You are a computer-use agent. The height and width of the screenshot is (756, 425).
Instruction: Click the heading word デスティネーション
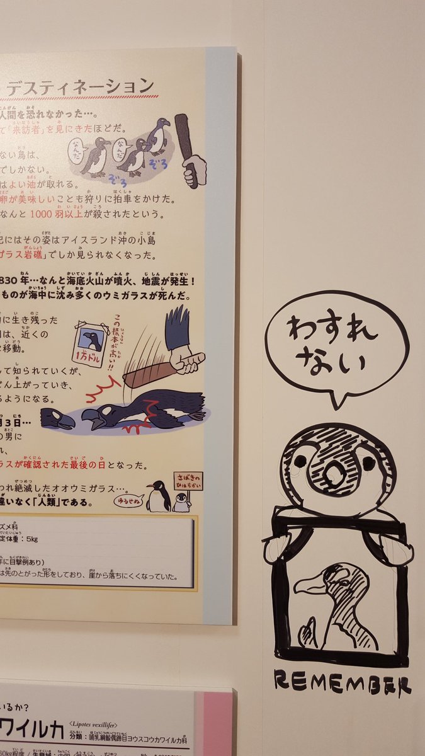pos(79,86)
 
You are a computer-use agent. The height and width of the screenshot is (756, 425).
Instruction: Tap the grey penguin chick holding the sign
pos(181,503)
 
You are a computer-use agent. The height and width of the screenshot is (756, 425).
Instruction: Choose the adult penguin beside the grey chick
pos(157,497)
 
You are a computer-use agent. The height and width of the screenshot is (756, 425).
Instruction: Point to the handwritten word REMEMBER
pos(343,684)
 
